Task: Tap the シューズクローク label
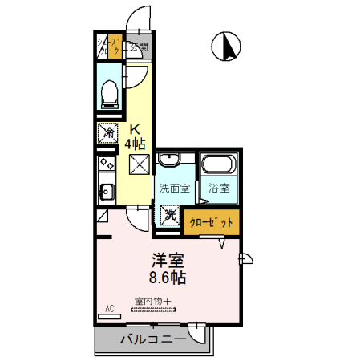(x=109, y=46)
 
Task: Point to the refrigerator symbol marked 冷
(x=107, y=132)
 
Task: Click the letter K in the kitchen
(x=136, y=129)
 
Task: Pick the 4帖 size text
(x=136, y=144)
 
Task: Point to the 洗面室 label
(x=174, y=189)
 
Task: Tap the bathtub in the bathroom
(x=217, y=166)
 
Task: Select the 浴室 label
(x=218, y=189)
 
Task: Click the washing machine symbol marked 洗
(x=171, y=216)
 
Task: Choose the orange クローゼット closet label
(x=211, y=221)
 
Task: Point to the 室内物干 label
(x=152, y=302)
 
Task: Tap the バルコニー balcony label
(x=153, y=339)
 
